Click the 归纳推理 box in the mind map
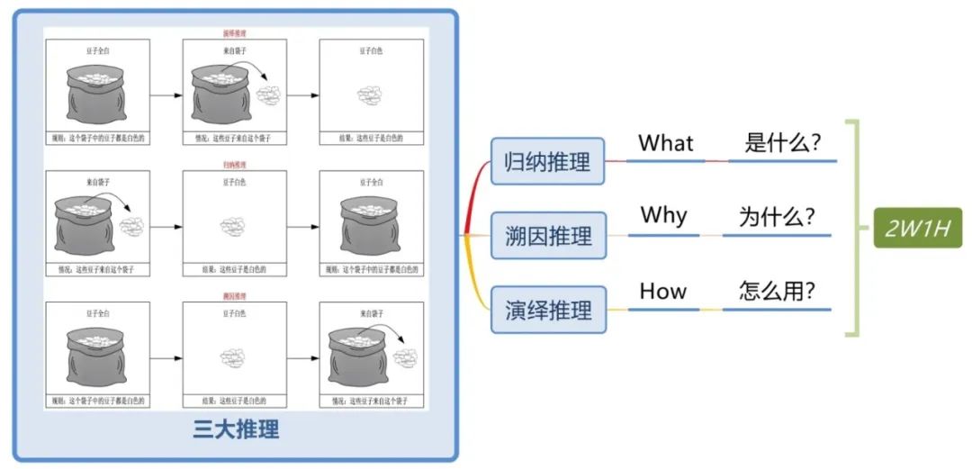pyautogui.click(x=548, y=162)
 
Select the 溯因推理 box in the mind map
pyautogui.click(x=548, y=236)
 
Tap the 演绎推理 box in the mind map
pyautogui.click(x=548, y=310)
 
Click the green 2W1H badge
pyautogui.click(x=918, y=228)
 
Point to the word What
pyautogui.click(x=666, y=143)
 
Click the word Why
pyautogui.click(x=664, y=216)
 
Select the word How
pyautogui.click(x=663, y=291)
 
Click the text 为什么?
pyautogui.click(x=778, y=217)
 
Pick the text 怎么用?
pyautogui.click(x=778, y=292)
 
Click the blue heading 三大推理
pyautogui.click(x=237, y=429)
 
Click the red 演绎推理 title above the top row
pyautogui.click(x=235, y=34)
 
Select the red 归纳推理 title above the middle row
pyautogui.click(x=235, y=166)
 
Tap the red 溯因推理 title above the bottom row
pyautogui.click(x=235, y=296)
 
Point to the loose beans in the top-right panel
pyautogui.click(x=371, y=94)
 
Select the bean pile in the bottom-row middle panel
pyautogui.click(x=234, y=357)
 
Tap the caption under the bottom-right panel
pyautogui.click(x=371, y=401)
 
